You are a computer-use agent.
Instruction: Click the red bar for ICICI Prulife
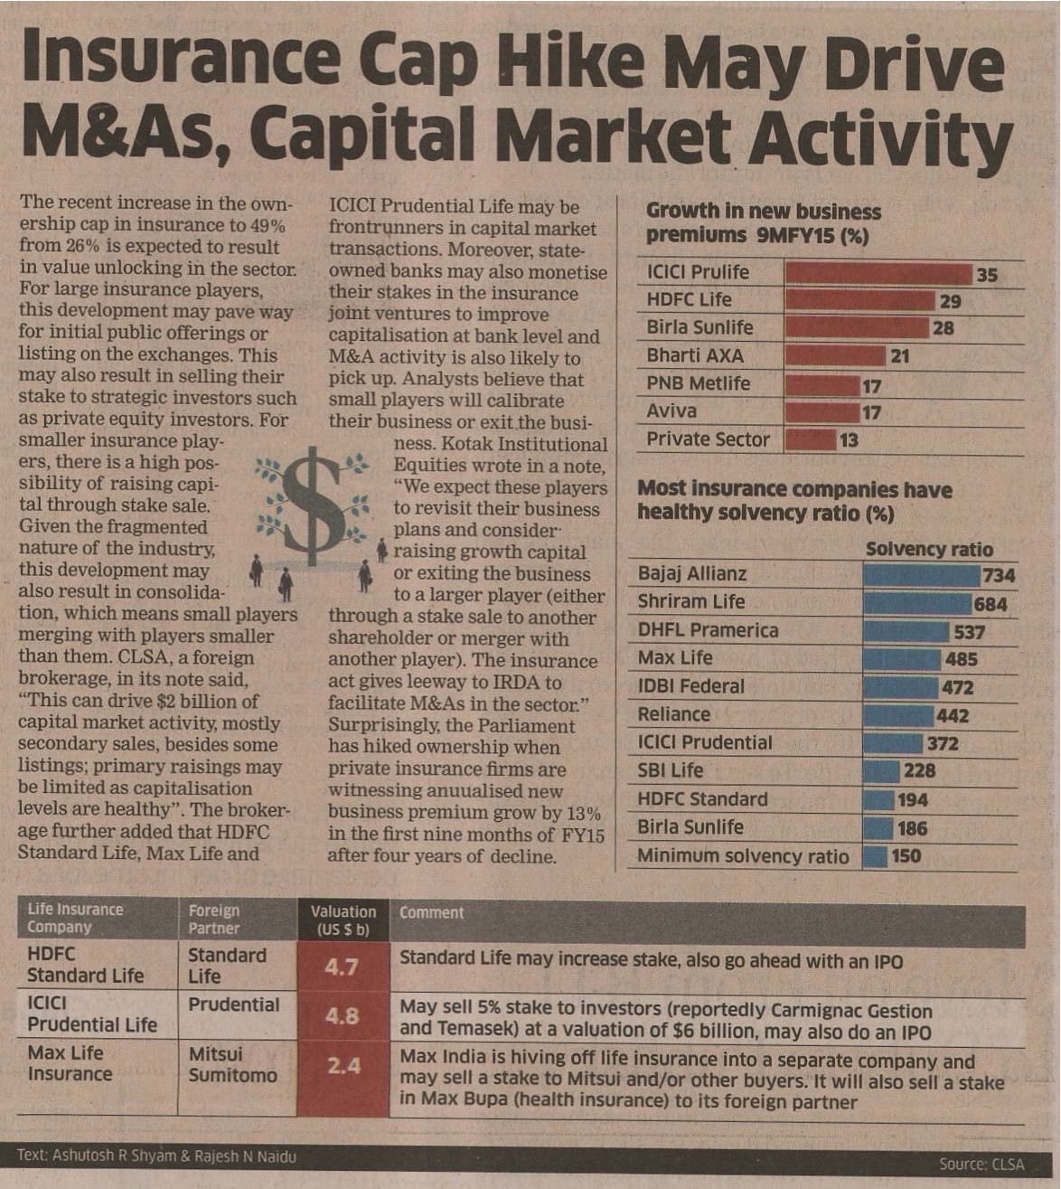878,274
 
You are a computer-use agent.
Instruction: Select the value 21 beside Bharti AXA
900,356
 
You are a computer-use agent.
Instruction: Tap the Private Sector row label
708,439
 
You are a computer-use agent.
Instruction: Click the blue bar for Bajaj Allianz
921,575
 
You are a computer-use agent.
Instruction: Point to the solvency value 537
969,632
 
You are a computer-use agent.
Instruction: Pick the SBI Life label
670,770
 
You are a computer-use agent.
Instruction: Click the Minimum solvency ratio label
743,856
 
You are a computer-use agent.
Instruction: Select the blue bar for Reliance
897,716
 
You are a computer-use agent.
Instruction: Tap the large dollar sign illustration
312,506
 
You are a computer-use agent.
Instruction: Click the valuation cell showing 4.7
343,967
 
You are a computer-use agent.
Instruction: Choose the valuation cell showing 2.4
343,1066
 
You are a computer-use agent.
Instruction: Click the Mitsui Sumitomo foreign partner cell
232,1064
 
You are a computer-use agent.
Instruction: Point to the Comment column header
431,913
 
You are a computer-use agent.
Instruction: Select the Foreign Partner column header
214,919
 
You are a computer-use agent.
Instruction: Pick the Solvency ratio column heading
928,550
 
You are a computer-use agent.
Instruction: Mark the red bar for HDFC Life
859,301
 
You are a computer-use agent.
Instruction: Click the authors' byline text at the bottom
155,1156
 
